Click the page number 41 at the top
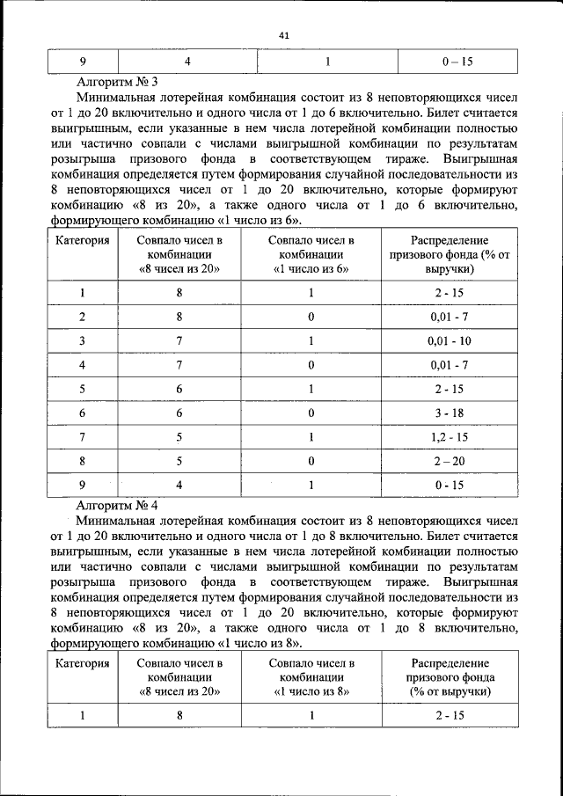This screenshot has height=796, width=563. [x=282, y=35]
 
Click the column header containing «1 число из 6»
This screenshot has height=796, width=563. [x=311, y=254]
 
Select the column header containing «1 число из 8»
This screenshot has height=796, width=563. [x=311, y=677]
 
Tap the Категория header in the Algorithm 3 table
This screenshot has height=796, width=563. [x=83, y=240]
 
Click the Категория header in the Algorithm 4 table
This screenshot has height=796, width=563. [x=83, y=663]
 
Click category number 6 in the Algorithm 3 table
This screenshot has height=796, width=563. [x=83, y=412]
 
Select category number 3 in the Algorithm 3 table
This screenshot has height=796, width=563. [x=83, y=340]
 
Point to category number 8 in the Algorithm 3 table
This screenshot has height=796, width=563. [x=83, y=460]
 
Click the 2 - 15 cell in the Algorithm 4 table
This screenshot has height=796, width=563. [x=449, y=715]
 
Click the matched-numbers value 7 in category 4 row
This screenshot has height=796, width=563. [x=179, y=364]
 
